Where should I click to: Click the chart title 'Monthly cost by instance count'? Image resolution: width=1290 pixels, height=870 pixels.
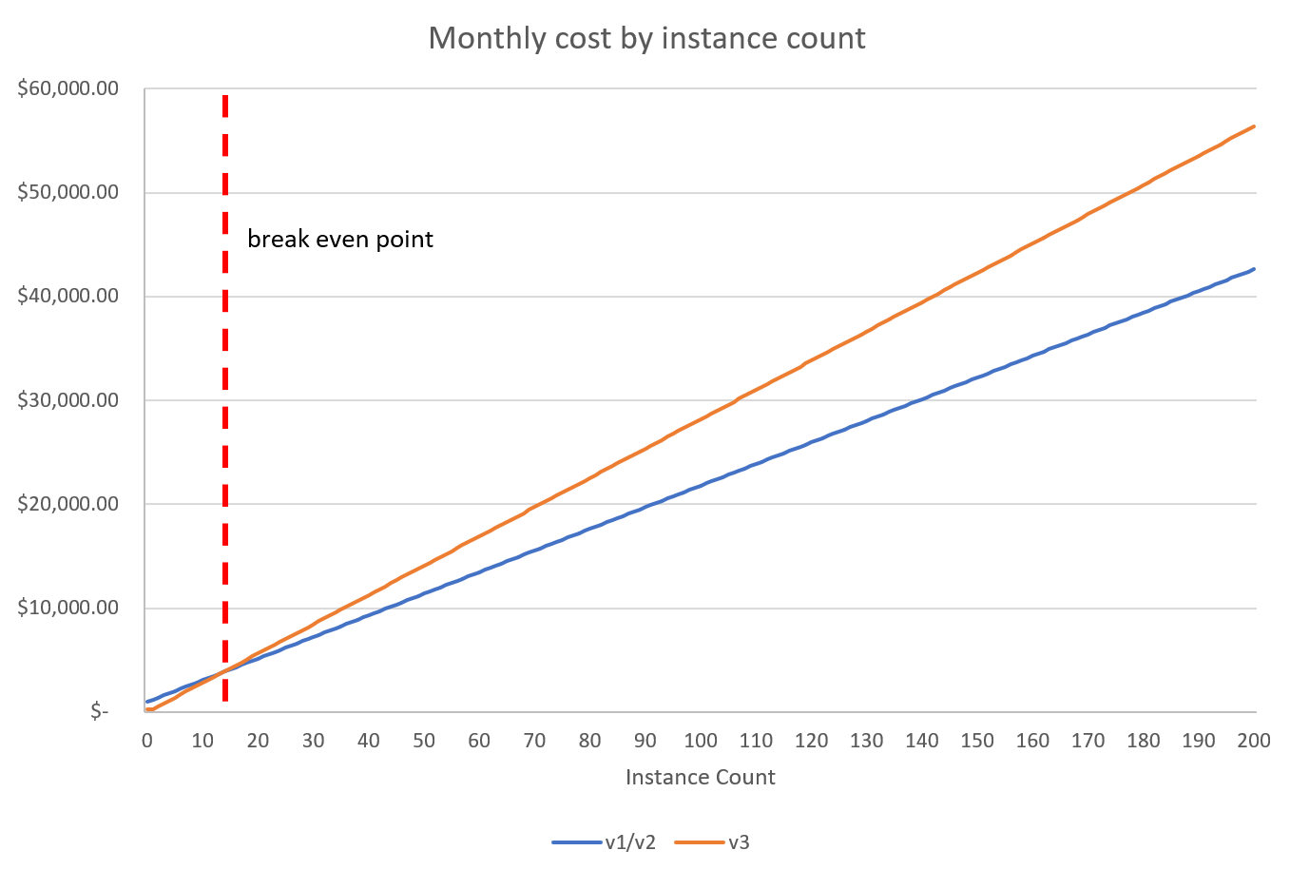[x=646, y=38]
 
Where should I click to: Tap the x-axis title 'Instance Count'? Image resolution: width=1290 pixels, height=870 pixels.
[x=700, y=777]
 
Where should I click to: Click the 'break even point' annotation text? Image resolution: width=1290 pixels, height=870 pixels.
[x=339, y=239]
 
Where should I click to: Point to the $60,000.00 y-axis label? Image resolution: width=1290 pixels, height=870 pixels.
[x=67, y=89]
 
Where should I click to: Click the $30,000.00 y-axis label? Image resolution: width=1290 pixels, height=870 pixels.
[x=67, y=400]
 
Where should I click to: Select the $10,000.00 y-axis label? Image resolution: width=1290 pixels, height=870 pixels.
[x=67, y=608]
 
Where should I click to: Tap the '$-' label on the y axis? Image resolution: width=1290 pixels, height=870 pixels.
[x=99, y=712]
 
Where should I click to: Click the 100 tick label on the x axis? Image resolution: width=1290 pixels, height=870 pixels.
[x=701, y=741]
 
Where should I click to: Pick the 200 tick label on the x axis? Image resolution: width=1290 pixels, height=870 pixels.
[x=1254, y=741]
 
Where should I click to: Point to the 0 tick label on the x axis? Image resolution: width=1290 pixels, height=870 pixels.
[x=146, y=741]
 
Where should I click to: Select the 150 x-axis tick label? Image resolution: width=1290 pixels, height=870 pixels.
[x=977, y=741]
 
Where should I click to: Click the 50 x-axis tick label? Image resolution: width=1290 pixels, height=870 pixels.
[x=424, y=741]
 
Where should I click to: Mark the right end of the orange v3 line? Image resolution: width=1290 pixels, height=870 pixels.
[x=1255, y=126]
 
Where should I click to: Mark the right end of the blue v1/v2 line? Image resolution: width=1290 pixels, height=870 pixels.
[x=1255, y=269]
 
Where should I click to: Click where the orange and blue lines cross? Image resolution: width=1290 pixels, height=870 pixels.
[x=222, y=672]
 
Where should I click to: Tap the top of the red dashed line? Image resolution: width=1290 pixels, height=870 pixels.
[x=225, y=97]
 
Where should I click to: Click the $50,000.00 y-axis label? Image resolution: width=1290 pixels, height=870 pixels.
[x=67, y=193]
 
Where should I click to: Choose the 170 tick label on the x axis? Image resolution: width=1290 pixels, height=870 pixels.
[x=1088, y=741]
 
